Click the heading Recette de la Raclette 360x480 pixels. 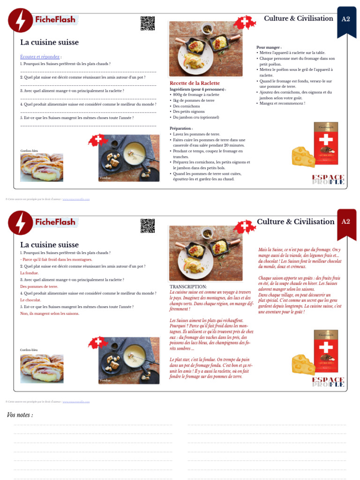195,83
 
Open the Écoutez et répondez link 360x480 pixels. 40,57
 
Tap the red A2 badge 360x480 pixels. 346,222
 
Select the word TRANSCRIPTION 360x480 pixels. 188,286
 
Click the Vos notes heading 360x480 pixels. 20,415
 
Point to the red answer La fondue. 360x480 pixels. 30,273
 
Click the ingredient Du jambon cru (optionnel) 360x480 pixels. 196,117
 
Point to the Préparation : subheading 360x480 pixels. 181,128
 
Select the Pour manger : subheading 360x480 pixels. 269,47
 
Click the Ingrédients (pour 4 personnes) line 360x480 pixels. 197,89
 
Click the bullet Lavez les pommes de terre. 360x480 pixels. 196,134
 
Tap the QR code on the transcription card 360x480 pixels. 147,226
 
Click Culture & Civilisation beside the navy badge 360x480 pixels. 298,18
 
